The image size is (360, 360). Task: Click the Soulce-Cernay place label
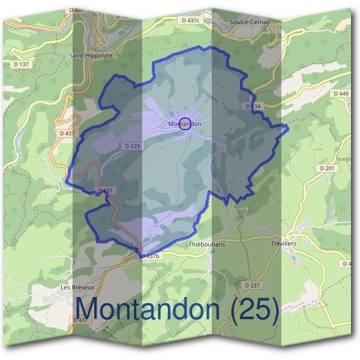click(x=250, y=22)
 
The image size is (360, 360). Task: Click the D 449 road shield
click(x=340, y=94)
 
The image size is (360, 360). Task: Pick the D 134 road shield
click(x=253, y=106)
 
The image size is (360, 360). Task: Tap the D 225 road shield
click(x=133, y=146)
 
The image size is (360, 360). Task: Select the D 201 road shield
click(x=328, y=169)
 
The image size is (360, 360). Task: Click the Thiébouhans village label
click(x=206, y=245)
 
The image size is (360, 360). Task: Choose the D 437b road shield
click(x=151, y=256)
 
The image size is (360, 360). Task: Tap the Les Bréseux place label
click(x=78, y=287)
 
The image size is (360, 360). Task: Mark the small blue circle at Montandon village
click(x=185, y=123)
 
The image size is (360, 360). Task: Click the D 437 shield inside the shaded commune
click(x=104, y=191)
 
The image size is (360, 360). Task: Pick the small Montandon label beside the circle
click(x=185, y=124)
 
